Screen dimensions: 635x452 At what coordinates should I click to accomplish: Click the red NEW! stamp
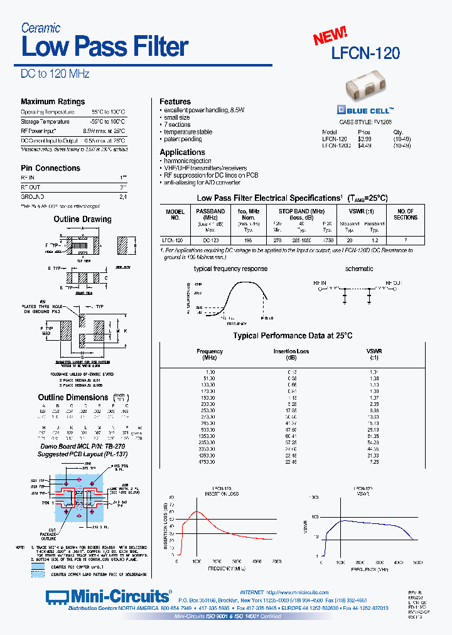(330, 36)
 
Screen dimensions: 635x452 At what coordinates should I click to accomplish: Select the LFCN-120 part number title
(365, 53)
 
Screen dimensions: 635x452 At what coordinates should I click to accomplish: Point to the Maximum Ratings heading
(53, 102)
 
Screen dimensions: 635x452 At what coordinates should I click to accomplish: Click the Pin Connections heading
(50, 168)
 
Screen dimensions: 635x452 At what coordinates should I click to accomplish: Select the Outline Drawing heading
(82, 219)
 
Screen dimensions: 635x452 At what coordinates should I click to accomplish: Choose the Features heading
(175, 102)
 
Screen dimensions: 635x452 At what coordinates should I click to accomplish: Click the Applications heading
(182, 152)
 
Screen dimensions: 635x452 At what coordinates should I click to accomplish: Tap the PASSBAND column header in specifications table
(210, 212)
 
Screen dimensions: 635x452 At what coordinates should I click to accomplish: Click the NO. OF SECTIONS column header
(405, 215)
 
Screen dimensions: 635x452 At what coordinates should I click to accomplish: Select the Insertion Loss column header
(291, 351)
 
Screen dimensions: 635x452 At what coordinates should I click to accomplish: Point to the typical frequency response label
(230, 269)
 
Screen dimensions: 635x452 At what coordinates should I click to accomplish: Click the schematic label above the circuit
(359, 269)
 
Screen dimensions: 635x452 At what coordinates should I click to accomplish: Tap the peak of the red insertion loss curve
(196, 512)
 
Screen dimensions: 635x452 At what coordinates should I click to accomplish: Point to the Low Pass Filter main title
(105, 47)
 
